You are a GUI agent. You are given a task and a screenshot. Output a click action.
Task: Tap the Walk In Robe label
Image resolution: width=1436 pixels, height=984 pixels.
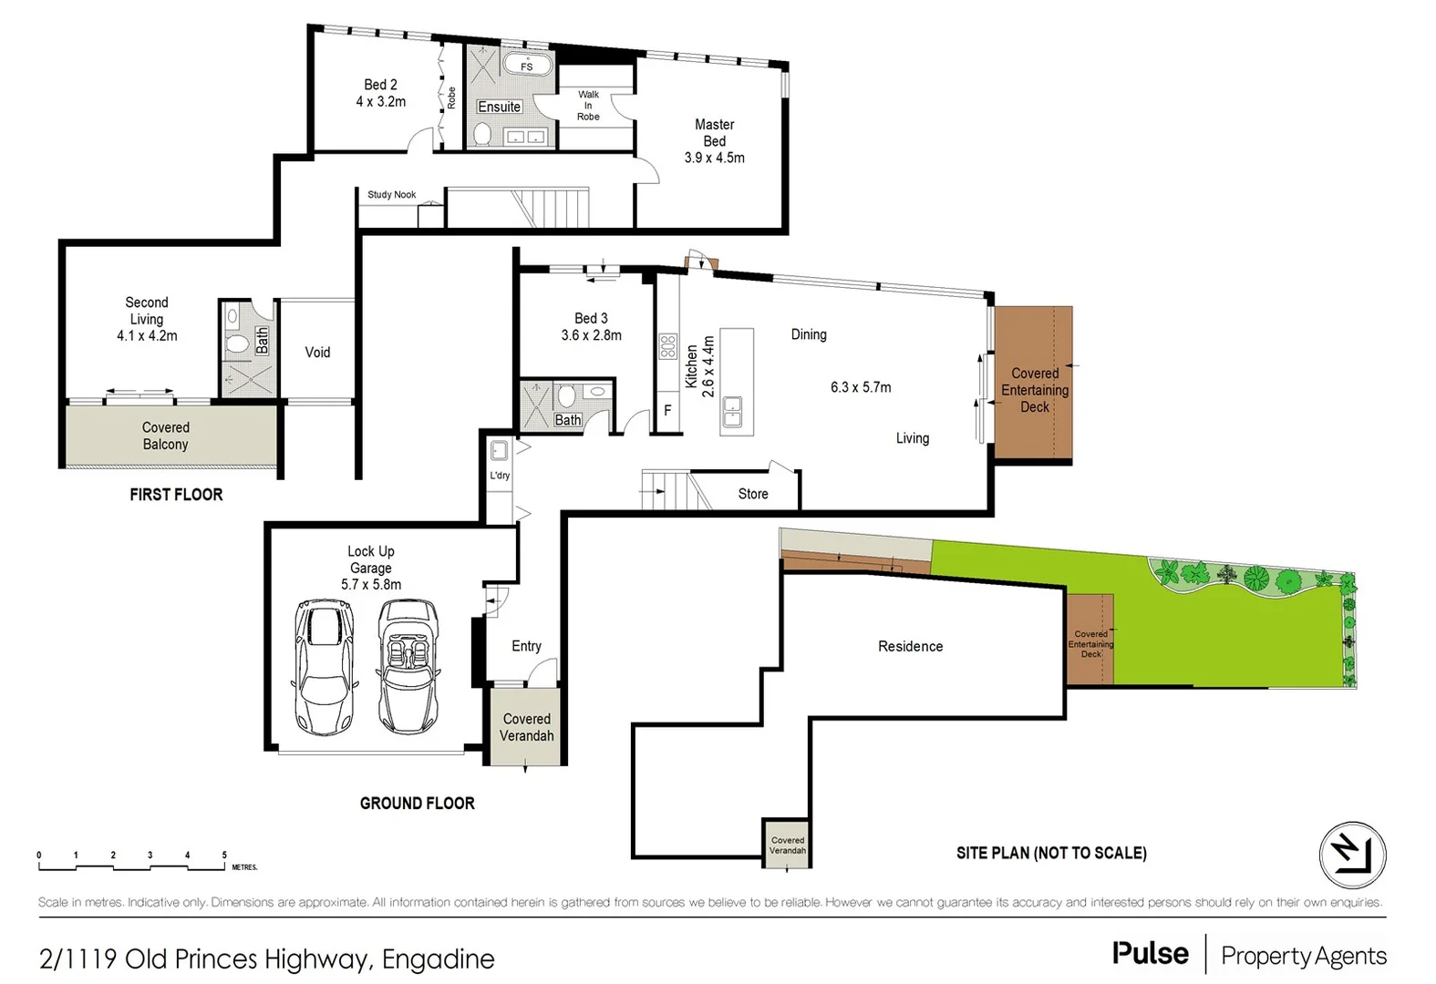click(588, 106)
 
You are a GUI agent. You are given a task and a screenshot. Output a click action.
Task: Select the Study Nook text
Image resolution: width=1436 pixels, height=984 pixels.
click(391, 195)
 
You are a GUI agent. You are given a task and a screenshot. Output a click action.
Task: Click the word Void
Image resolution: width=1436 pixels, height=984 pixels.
click(317, 353)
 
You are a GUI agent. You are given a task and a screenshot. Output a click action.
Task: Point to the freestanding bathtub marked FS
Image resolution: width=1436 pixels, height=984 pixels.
click(527, 65)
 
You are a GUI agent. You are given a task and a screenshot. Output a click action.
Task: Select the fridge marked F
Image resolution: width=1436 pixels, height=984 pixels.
click(667, 411)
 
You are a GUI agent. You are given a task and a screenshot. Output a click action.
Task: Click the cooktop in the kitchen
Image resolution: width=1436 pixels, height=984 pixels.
click(667, 346)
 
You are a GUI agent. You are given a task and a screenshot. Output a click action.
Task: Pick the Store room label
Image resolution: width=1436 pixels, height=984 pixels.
click(753, 494)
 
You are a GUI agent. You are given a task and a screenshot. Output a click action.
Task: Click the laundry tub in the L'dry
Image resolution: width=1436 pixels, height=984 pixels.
click(500, 450)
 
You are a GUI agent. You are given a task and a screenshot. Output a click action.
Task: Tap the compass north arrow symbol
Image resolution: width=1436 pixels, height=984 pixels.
click(1352, 855)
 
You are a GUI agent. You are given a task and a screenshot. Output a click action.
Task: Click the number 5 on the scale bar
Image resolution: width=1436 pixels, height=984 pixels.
click(224, 856)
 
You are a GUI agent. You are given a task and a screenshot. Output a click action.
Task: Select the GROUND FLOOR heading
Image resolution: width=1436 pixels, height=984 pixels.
click(417, 804)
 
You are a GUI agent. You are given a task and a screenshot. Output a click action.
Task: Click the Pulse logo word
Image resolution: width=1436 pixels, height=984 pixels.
click(1150, 954)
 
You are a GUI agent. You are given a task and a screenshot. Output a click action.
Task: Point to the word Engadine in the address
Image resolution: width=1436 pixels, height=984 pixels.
click(438, 959)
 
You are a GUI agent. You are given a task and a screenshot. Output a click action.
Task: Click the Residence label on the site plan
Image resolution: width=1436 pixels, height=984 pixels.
click(910, 647)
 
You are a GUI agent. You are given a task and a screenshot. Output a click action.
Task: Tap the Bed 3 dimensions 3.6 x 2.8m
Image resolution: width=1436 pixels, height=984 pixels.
click(591, 335)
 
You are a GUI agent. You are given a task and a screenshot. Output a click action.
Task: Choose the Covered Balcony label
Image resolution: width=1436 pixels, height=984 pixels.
click(165, 436)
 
